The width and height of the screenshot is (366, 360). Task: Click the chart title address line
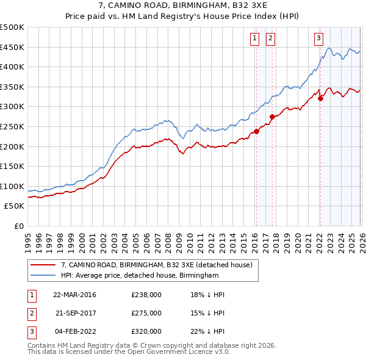(182, 6)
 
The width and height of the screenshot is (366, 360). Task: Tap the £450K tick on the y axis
(12, 47)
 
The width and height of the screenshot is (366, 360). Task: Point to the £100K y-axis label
(12, 186)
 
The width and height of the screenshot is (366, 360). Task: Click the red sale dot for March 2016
(256, 131)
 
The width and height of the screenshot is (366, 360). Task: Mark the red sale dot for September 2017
(272, 117)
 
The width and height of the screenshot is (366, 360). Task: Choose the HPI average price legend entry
(139, 276)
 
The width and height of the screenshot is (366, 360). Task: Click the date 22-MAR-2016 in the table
(74, 295)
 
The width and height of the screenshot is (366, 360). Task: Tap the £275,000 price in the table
(146, 313)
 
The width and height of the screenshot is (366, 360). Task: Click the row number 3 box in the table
(31, 331)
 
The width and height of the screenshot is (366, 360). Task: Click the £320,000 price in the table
(146, 331)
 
